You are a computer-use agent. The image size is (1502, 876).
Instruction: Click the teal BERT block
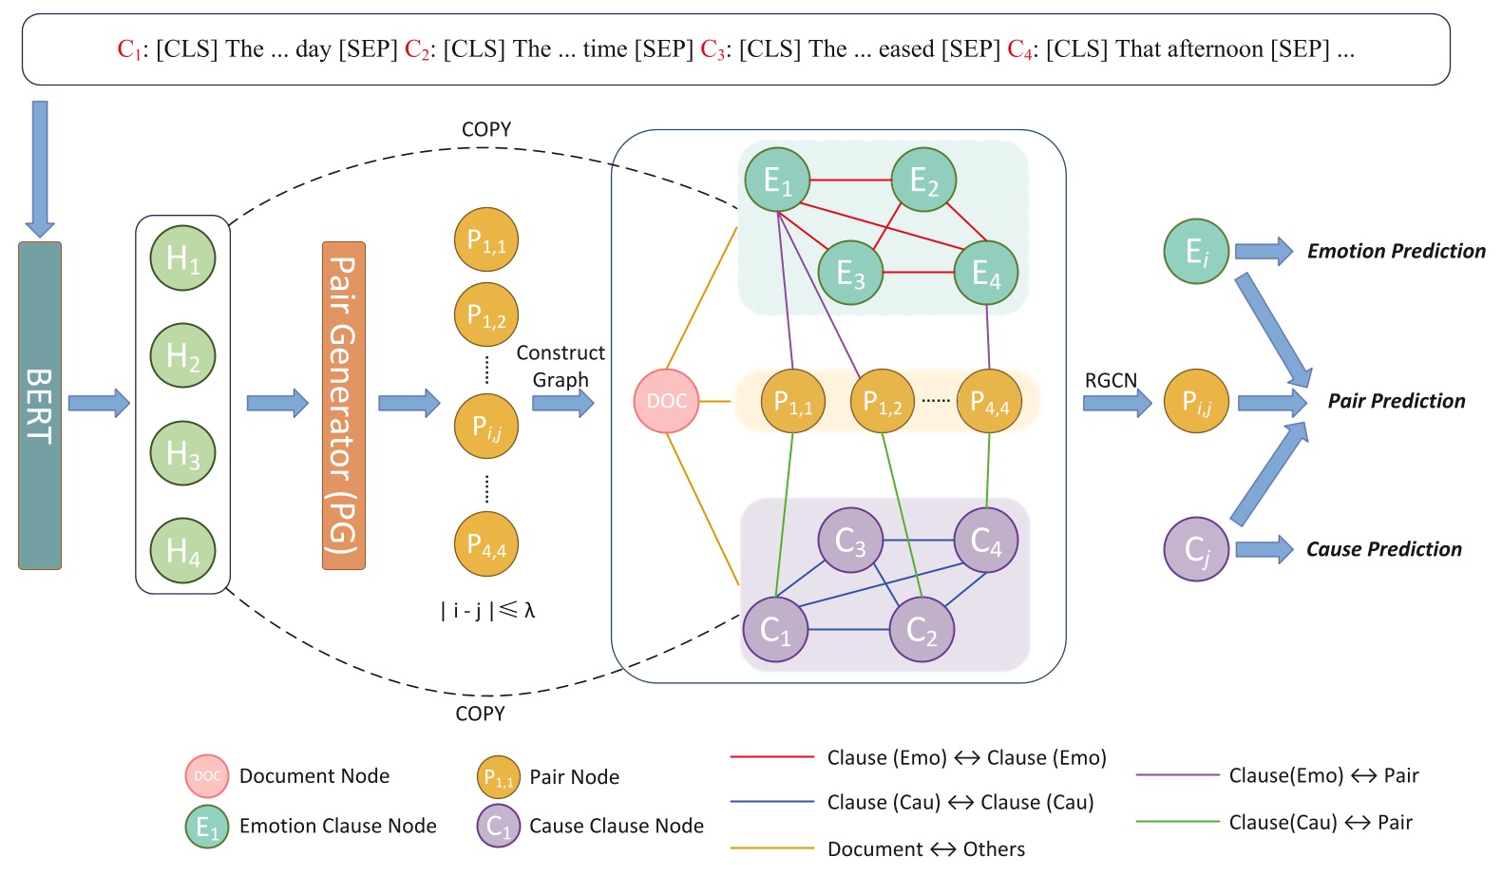click(x=40, y=406)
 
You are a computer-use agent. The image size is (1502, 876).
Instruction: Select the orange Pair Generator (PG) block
click(x=343, y=406)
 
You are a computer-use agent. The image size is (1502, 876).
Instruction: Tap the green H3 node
click(x=182, y=453)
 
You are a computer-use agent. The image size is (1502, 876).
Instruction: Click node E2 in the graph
click(x=923, y=180)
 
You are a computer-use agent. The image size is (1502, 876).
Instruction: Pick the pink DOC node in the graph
click(x=666, y=401)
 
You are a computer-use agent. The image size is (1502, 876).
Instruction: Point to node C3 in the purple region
click(x=850, y=541)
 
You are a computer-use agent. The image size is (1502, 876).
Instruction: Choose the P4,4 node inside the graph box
click(x=989, y=402)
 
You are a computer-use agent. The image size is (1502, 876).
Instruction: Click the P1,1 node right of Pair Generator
click(x=486, y=239)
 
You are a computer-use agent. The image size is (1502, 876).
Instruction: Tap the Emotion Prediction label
click(x=1396, y=251)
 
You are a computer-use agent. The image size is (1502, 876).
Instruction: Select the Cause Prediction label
click(x=1383, y=549)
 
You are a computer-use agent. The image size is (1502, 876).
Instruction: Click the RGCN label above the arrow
click(x=1111, y=380)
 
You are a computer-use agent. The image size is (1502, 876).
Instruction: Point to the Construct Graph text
click(x=561, y=366)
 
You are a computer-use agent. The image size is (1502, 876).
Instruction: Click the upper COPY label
click(x=486, y=129)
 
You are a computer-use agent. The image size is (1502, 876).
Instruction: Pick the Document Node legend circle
click(x=207, y=776)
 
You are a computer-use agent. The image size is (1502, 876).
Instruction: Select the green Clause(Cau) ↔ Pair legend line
click(x=1176, y=822)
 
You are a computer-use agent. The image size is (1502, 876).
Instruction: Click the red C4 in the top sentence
click(x=1019, y=49)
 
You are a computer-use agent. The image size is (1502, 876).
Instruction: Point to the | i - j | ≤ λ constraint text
click(x=487, y=610)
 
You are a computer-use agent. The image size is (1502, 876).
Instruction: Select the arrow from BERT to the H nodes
click(x=99, y=403)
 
